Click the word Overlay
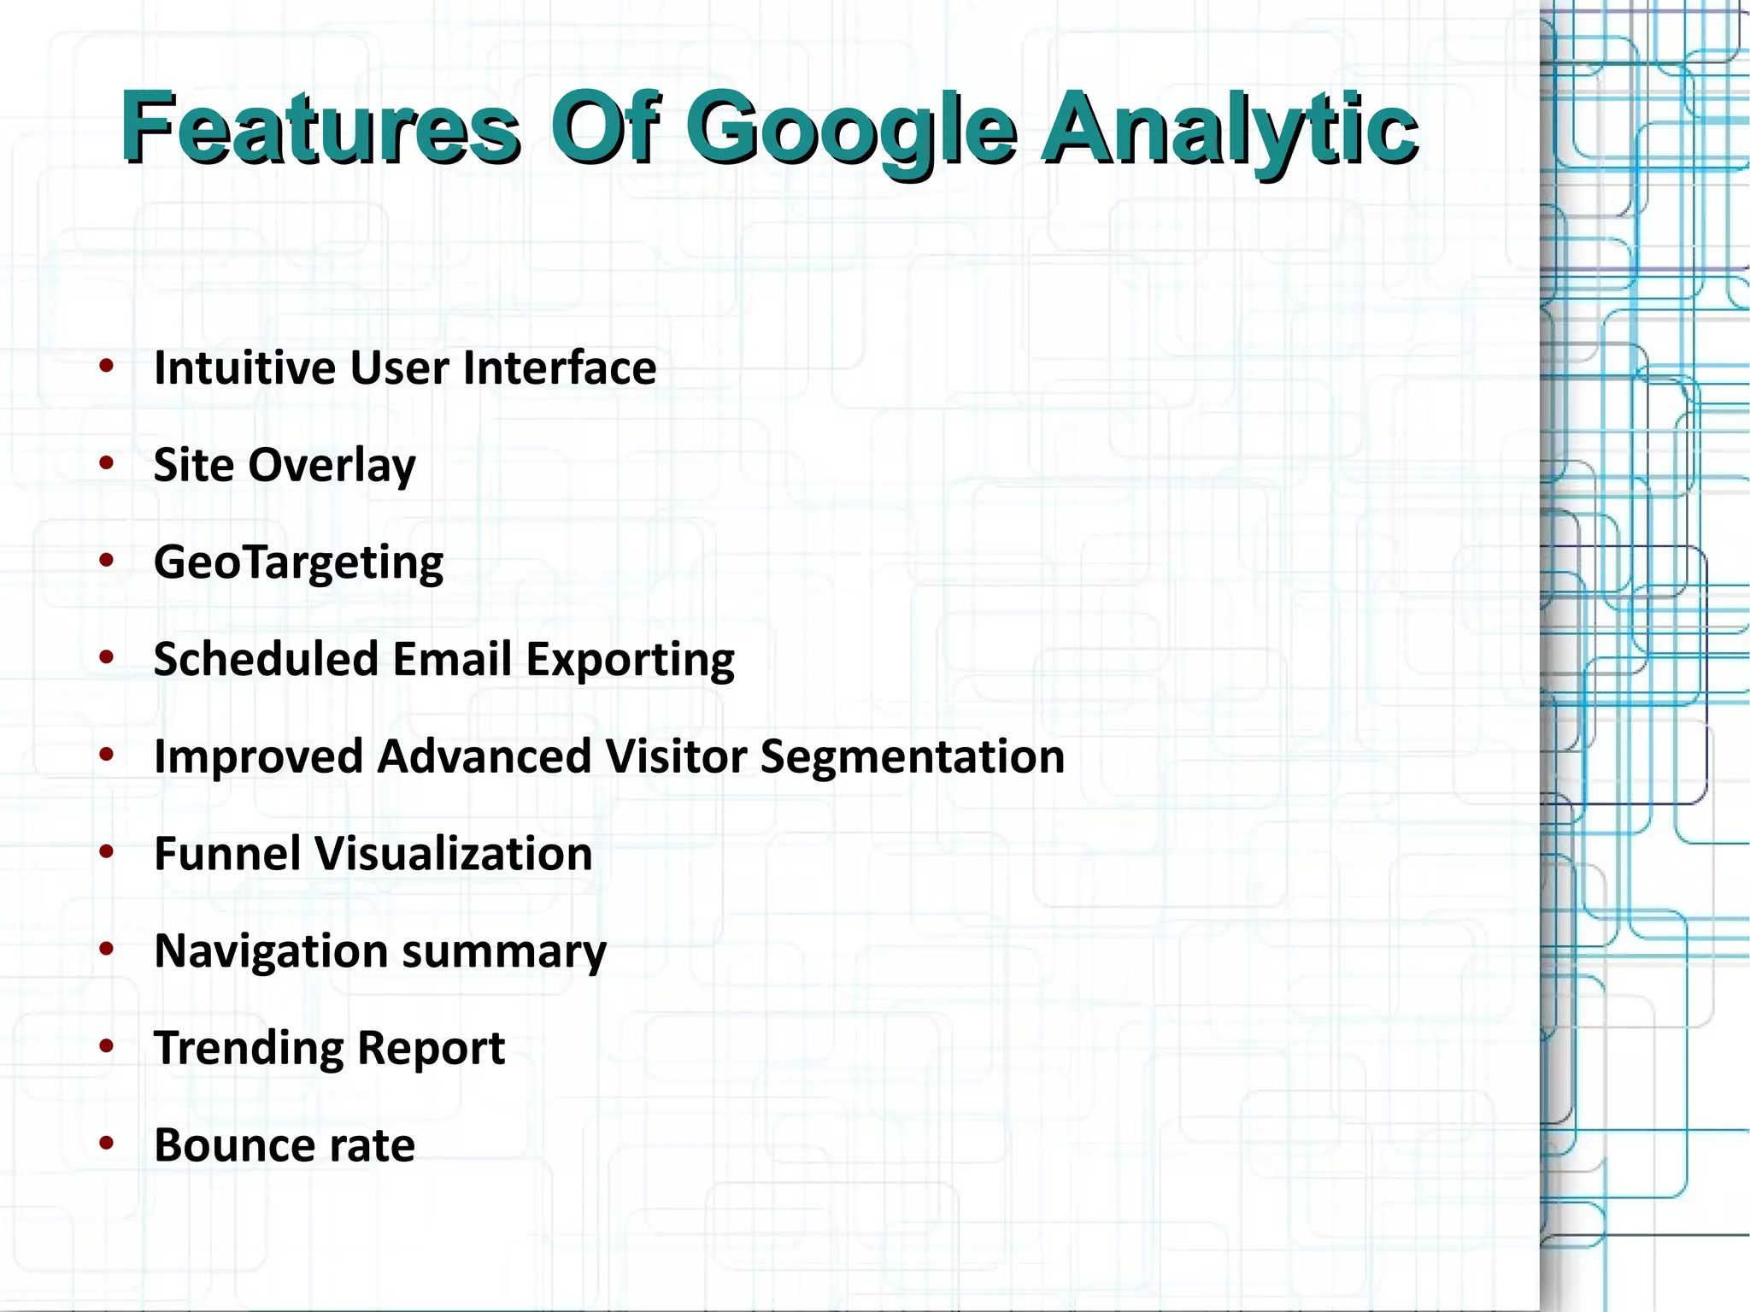coord(332,466)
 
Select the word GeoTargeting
coord(298,563)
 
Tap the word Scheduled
coord(266,660)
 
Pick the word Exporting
coord(630,661)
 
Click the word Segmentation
coord(912,757)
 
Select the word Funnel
coord(227,854)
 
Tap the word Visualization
coord(454,854)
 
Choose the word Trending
coord(248,1049)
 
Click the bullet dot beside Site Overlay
coord(107,464)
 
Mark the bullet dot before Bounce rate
coord(107,1144)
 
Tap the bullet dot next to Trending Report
coord(107,1046)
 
